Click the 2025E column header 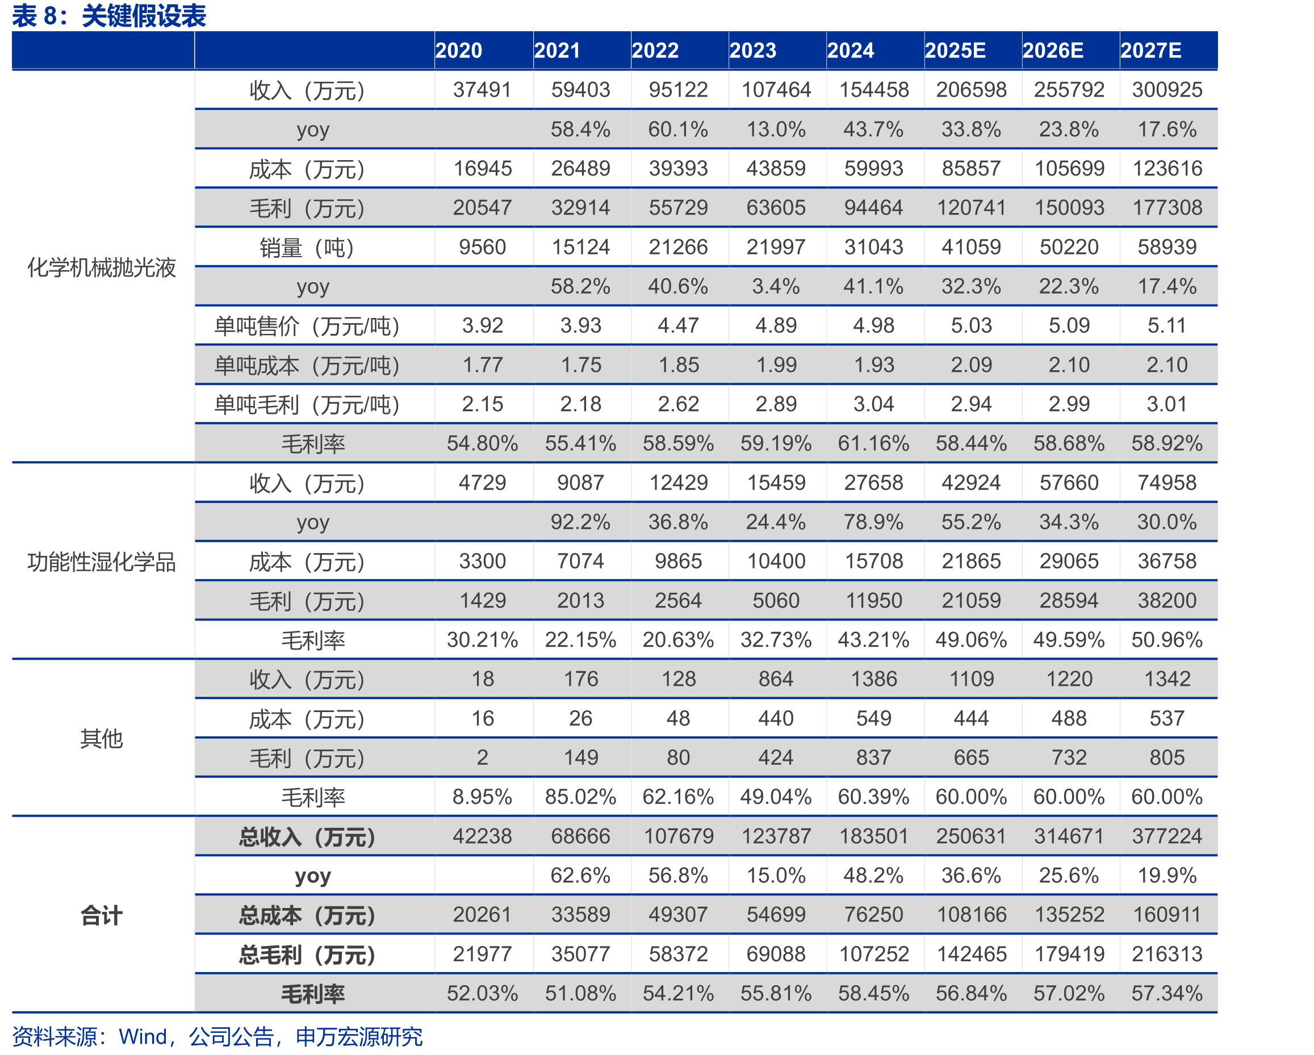point(955,50)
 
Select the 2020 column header point(458,50)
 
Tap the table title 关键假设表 point(144,16)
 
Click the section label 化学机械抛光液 point(102,267)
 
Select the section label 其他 point(102,738)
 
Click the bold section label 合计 point(102,915)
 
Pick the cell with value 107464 point(776,90)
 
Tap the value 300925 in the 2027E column point(1167,90)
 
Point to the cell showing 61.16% point(873,443)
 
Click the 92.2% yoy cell point(580,522)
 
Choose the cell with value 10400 point(776,560)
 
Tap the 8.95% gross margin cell point(482,797)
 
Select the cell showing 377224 point(1167,836)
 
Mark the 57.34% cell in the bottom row point(1167,993)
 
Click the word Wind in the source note point(143,1036)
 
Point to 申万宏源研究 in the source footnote point(359,1036)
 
